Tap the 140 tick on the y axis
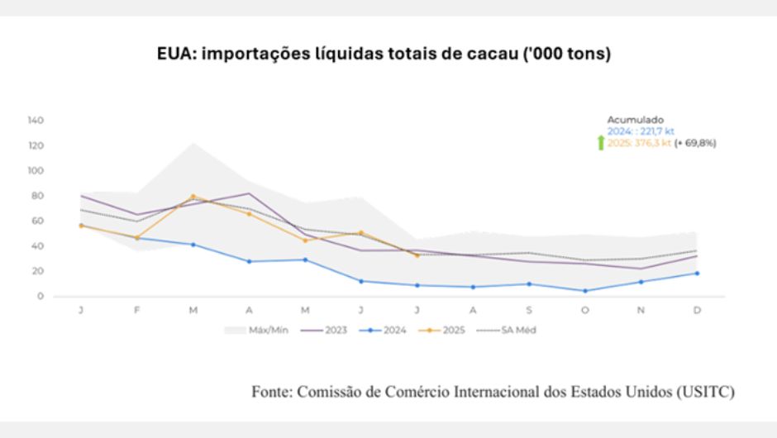tap(36, 121)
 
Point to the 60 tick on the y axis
tap(37, 221)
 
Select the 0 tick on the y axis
tap(41, 297)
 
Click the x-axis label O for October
tap(585, 310)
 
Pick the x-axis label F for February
tap(137, 310)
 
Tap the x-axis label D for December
tap(697, 310)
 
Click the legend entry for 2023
tap(329, 330)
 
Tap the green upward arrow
tap(601, 143)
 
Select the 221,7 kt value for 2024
tap(657, 131)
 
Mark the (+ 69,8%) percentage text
tap(695, 143)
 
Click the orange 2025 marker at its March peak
tap(193, 197)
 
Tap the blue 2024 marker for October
tap(585, 291)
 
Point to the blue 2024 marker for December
tap(697, 274)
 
